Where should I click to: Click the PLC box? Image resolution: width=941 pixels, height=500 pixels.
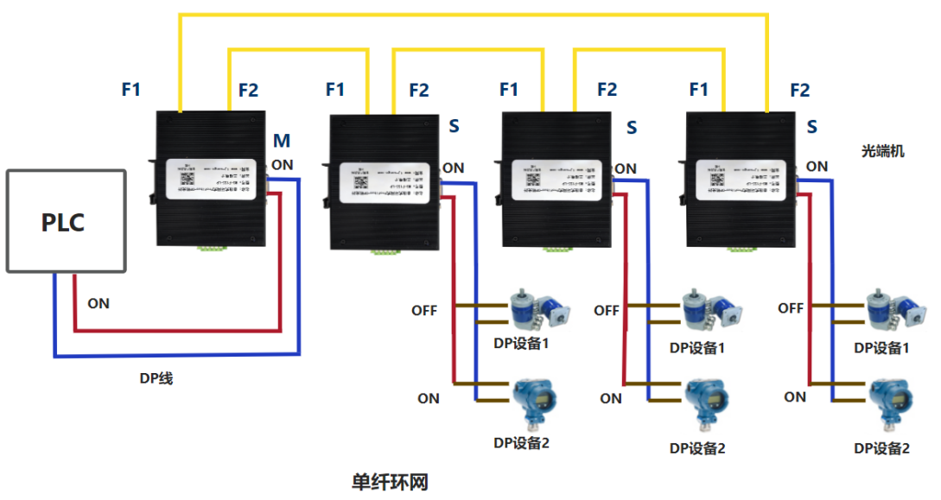(x=66, y=222)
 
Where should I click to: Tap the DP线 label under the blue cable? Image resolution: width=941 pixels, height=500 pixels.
(x=156, y=377)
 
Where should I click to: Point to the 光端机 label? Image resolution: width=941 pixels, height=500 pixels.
(x=883, y=150)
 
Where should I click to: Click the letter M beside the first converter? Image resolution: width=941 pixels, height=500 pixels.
(x=282, y=141)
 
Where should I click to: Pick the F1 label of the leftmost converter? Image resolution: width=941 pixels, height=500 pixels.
(x=131, y=88)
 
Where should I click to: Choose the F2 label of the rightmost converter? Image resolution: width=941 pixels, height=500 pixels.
(x=800, y=90)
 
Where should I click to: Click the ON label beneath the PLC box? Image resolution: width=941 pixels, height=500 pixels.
(x=99, y=303)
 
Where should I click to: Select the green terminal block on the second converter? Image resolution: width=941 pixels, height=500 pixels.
(x=385, y=251)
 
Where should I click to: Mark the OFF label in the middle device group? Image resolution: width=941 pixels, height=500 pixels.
(x=607, y=310)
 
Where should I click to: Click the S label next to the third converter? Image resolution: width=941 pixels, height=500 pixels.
(x=632, y=128)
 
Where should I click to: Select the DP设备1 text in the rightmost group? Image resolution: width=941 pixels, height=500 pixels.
(x=881, y=348)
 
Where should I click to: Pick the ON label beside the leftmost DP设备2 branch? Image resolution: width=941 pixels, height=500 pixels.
(x=429, y=398)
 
